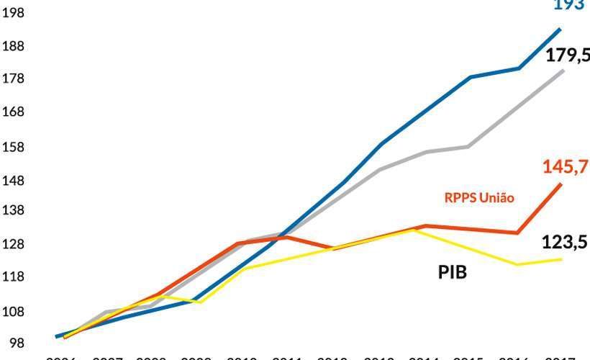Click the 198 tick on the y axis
[13, 12]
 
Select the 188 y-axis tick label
[13, 46]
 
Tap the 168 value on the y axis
[13, 112]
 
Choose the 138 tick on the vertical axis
[13, 210]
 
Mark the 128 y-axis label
[13, 244]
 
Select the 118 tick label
[13, 277]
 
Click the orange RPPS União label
[478, 197]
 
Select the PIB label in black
[453, 272]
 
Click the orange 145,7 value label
[563, 167]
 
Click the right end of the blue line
[560, 29]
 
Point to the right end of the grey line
[563, 71]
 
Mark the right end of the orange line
[561, 184]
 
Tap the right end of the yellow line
[561, 259]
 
